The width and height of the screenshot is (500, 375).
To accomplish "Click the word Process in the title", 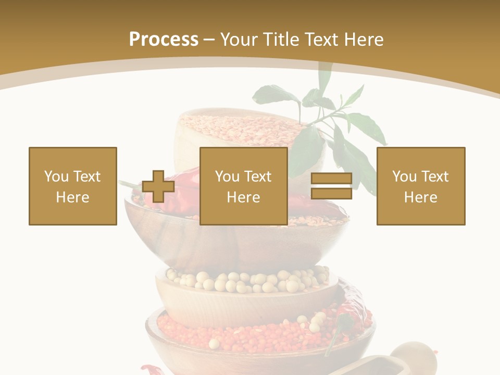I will coord(164,39).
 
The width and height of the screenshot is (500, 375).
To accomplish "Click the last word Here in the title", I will coord(365,39).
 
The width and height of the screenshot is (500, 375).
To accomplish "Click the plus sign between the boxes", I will coord(158,186).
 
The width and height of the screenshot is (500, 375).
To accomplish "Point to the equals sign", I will coord(331,186).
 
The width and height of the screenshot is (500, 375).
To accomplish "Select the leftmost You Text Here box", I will coord(73,186).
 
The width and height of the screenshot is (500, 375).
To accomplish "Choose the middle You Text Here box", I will coord(244,186).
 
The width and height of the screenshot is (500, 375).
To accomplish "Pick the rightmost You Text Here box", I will coord(421,186).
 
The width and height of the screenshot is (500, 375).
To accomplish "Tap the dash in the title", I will coord(209,40).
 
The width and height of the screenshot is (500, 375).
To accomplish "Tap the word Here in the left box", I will coord(73,197).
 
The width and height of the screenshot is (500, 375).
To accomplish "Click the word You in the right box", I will coord(404,177).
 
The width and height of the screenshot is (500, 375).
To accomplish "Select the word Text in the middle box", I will coord(258,177).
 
